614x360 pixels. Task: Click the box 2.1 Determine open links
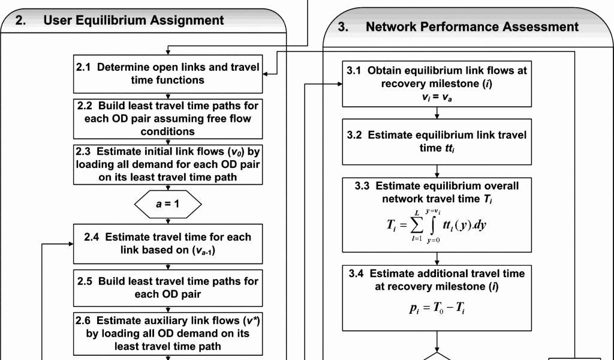[x=167, y=74]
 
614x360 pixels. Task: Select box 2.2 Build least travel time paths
[x=167, y=118]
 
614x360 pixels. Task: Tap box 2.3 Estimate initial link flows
[x=167, y=163]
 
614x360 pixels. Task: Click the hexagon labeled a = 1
[x=167, y=204]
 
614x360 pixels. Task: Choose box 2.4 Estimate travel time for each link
[x=167, y=244]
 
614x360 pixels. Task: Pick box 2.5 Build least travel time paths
[x=167, y=287]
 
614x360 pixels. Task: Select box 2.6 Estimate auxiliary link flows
[x=167, y=333]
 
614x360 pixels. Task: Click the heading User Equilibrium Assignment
[x=133, y=20]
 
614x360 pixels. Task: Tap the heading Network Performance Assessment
[x=472, y=27]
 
